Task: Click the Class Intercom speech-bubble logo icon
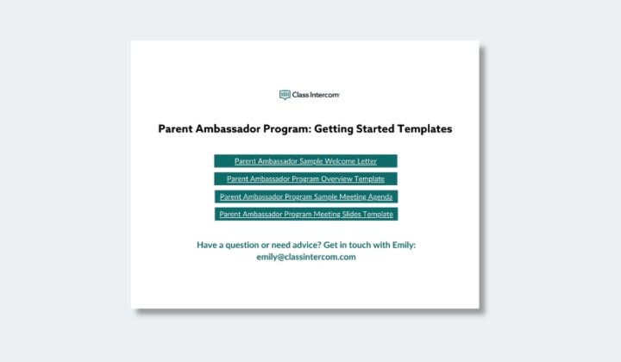(285, 95)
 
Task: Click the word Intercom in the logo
(324, 95)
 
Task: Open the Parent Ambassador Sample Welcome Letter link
(305, 161)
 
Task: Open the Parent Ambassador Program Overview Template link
(305, 178)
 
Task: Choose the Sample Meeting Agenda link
(306, 197)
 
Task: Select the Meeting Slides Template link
(306, 214)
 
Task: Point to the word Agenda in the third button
(379, 197)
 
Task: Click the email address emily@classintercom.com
(306, 257)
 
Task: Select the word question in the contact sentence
(242, 246)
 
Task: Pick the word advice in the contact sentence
(306, 245)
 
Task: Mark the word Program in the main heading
(287, 129)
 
